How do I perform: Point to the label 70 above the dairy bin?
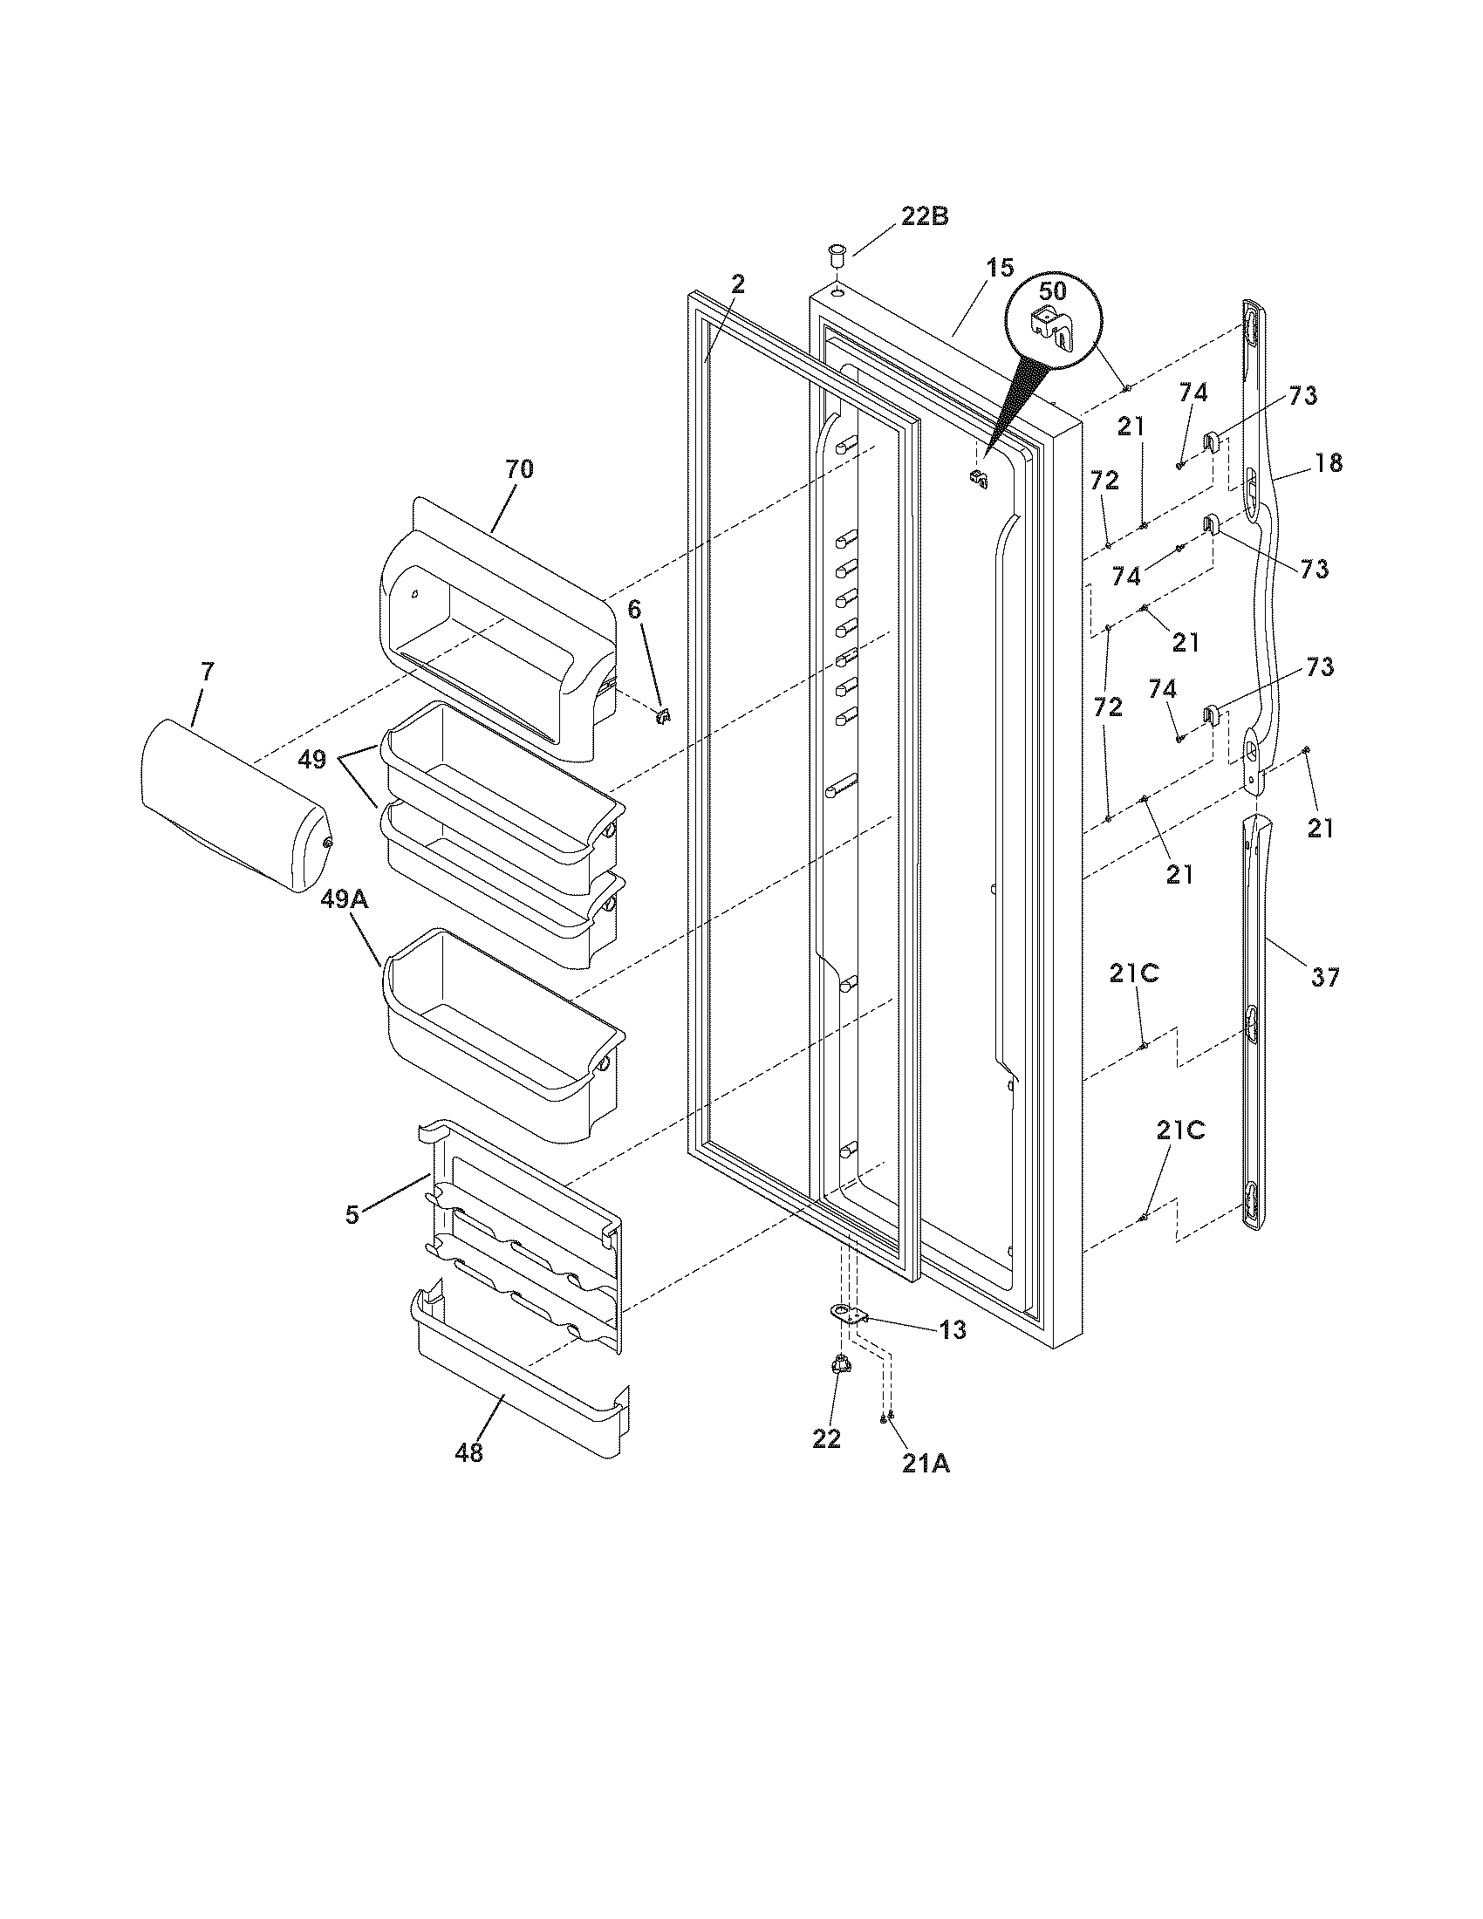pos(518,469)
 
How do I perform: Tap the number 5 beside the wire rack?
pos(352,1215)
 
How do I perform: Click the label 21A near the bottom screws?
pos(925,1463)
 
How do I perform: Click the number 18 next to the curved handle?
pos(1329,462)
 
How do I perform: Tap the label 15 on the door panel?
pos(999,269)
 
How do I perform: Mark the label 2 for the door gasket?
pos(738,283)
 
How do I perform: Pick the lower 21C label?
pos(1180,1130)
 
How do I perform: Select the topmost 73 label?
pos(1303,395)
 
